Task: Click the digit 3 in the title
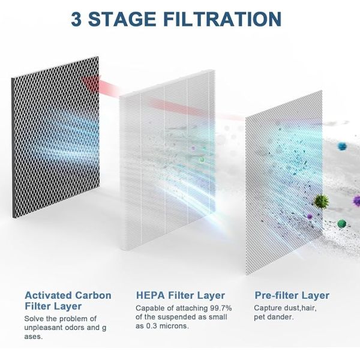point(76,19)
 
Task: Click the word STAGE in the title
point(122,19)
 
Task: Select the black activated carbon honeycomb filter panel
point(56,137)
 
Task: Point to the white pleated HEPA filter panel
point(167,160)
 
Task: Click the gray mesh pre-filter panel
point(284,182)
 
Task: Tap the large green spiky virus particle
point(321,202)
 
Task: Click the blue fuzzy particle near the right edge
point(342,146)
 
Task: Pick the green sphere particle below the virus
point(342,223)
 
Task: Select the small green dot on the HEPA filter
point(202,160)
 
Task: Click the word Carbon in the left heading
point(93,295)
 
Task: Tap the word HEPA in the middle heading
point(151,295)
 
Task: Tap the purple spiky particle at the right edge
point(356,200)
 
